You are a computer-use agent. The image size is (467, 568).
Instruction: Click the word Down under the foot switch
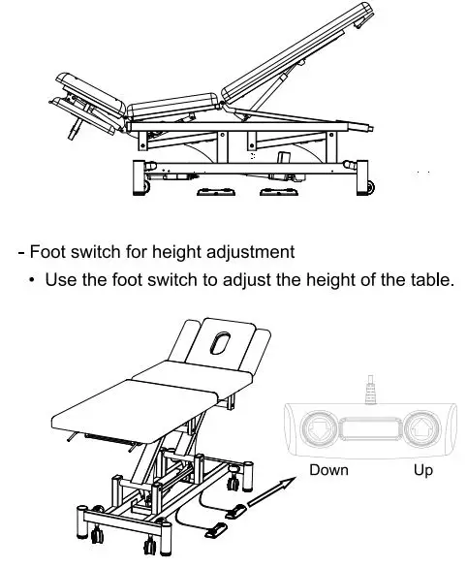coord(328,470)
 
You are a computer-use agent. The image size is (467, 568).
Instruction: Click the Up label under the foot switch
coord(423,470)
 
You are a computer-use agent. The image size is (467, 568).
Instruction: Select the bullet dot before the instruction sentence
coord(33,280)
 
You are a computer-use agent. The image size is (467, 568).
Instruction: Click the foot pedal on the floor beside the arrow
coord(234,510)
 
